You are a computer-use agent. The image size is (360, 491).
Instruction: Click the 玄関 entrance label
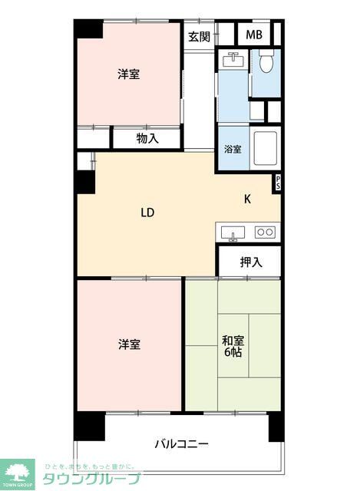coord(199,36)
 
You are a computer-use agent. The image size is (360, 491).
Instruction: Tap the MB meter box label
coord(253,35)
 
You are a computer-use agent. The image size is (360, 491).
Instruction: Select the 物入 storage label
coord(147,138)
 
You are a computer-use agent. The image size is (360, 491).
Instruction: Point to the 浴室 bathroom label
coord(233,149)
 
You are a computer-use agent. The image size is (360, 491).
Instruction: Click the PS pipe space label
coord(277,183)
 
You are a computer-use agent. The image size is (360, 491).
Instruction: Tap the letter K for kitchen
coord(247,199)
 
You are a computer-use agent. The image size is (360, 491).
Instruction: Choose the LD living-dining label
coord(147,213)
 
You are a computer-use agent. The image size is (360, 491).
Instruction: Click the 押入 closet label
coord(250,262)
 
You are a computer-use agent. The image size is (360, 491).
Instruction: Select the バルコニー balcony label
coord(181,443)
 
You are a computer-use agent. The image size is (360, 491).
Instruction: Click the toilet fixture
coord(266,61)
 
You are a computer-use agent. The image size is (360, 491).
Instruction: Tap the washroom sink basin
coord(233,60)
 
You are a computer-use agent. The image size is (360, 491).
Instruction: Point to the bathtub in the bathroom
coord(265,147)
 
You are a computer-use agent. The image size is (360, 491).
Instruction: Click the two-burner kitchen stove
coord(265,231)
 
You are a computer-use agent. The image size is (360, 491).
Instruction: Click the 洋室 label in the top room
coord(128,74)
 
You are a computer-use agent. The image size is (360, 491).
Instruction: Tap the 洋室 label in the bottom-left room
coord(128,344)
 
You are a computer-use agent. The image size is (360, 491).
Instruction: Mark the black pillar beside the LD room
coord(85,181)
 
